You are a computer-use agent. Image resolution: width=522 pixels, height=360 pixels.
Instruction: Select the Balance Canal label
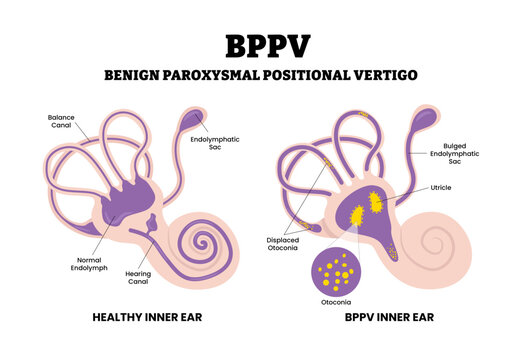[x=61, y=122]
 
